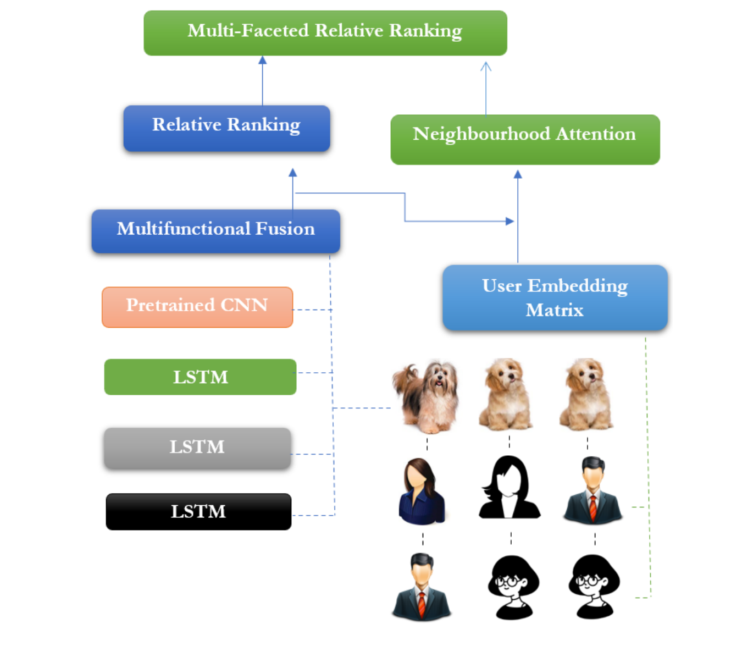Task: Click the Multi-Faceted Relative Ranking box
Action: tap(325, 32)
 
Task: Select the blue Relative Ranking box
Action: tap(226, 128)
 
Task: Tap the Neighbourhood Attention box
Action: tap(524, 139)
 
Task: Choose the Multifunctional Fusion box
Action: tap(215, 230)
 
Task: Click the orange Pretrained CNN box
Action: tap(197, 307)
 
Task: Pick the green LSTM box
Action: tap(200, 377)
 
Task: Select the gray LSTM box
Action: tap(197, 448)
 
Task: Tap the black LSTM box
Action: tap(198, 511)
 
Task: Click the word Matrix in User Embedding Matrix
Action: tap(554, 311)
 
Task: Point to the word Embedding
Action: tap(577, 286)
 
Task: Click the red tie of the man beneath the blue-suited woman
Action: tap(422, 605)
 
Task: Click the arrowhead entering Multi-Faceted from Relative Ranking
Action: tap(263, 60)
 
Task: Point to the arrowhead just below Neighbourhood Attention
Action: tap(518, 174)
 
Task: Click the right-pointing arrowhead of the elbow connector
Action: tap(510, 221)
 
